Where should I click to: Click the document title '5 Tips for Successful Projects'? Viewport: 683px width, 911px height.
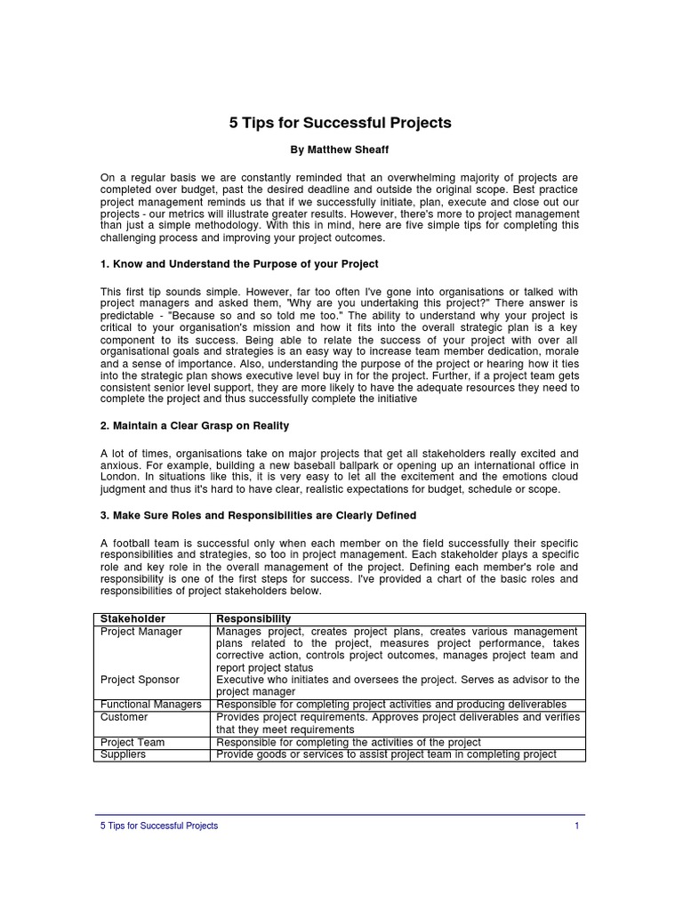point(341,123)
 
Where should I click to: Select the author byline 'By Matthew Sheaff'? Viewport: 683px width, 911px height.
point(341,150)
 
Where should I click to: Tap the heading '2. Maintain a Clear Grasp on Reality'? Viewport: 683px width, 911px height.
point(195,426)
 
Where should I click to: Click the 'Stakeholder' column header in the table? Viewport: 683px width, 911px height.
point(133,618)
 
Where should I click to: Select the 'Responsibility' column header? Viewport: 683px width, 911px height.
point(253,618)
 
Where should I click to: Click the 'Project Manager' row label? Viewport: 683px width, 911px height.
point(141,632)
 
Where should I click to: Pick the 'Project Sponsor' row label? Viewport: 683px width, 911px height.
point(140,680)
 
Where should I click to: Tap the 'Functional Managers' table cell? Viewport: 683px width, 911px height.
point(150,704)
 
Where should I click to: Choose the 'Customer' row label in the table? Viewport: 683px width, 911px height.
point(125,717)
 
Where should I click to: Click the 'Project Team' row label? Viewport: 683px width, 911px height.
point(133,742)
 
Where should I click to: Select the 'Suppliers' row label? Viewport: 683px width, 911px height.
point(124,754)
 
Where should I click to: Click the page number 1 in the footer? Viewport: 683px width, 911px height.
point(576,826)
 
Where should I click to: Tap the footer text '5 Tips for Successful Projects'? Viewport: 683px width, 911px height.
point(159,826)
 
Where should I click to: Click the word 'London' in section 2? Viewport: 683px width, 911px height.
point(120,477)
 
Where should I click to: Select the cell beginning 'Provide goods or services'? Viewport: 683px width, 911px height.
point(387,754)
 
